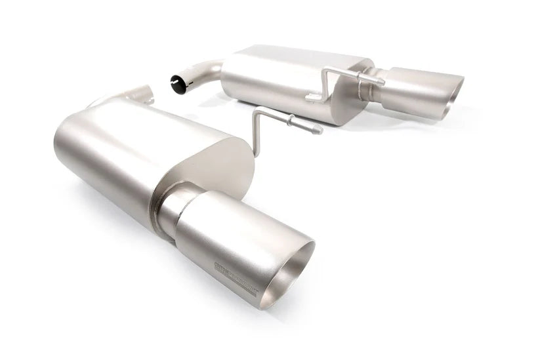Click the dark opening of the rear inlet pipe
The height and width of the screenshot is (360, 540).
tap(177, 83)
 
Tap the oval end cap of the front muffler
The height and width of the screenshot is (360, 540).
tap(223, 167)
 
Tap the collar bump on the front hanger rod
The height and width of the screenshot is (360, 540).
tap(289, 119)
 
